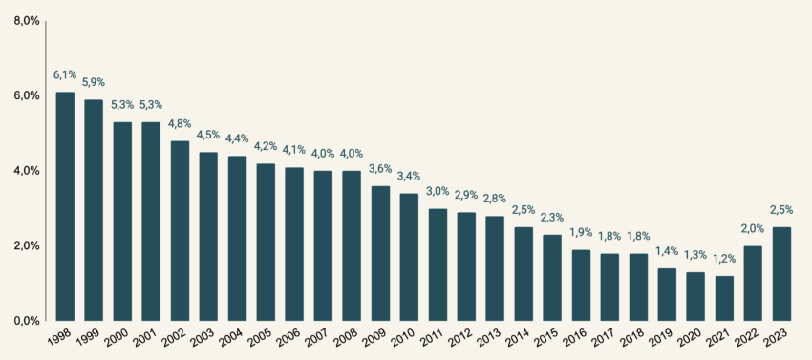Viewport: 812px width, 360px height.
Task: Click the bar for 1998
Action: [65, 206]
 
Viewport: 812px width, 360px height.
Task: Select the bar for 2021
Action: [724, 298]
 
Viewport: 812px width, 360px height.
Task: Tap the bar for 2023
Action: [781, 273]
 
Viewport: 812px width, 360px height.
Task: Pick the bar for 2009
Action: [380, 253]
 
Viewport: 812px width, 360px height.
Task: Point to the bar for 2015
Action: [552, 277]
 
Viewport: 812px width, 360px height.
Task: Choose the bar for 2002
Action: [180, 230]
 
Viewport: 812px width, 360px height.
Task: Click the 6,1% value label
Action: [65, 74]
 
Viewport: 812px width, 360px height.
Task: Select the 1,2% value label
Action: [724, 259]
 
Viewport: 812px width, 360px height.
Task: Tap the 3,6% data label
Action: [380, 169]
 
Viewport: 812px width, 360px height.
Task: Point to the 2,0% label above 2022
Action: [753, 229]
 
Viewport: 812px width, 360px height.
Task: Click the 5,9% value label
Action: [94, 82]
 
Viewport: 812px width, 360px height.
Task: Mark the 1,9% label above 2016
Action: [581, 233]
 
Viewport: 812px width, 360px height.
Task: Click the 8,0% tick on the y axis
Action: [26, 21]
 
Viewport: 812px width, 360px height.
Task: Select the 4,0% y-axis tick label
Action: [26, 171]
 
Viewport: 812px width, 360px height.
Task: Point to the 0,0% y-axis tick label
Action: [26, 321]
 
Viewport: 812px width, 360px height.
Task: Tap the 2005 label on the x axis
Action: [259, 338]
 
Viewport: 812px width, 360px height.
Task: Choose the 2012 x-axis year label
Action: [459, 338]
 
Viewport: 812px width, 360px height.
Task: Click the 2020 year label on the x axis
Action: [689, 338]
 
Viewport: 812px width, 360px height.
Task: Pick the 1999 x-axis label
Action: [87, 338]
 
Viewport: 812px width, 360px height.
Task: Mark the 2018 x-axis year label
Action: [631, 338]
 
